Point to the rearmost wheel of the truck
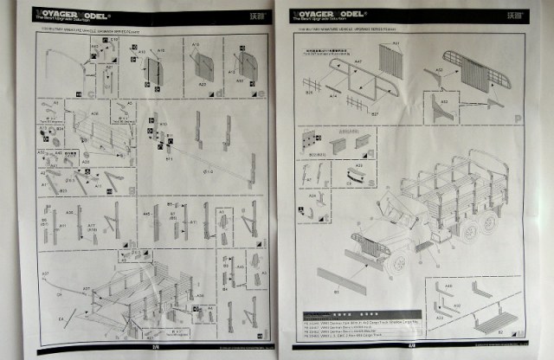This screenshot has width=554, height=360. pyautogui.click(x=490, y=222)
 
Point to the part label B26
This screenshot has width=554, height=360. pyautogui.click(x=309, y=92)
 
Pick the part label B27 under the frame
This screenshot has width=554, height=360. pyautogui.click(x=375, y=112)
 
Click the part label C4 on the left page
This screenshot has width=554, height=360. pyautogui.click(x=61, y=324)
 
